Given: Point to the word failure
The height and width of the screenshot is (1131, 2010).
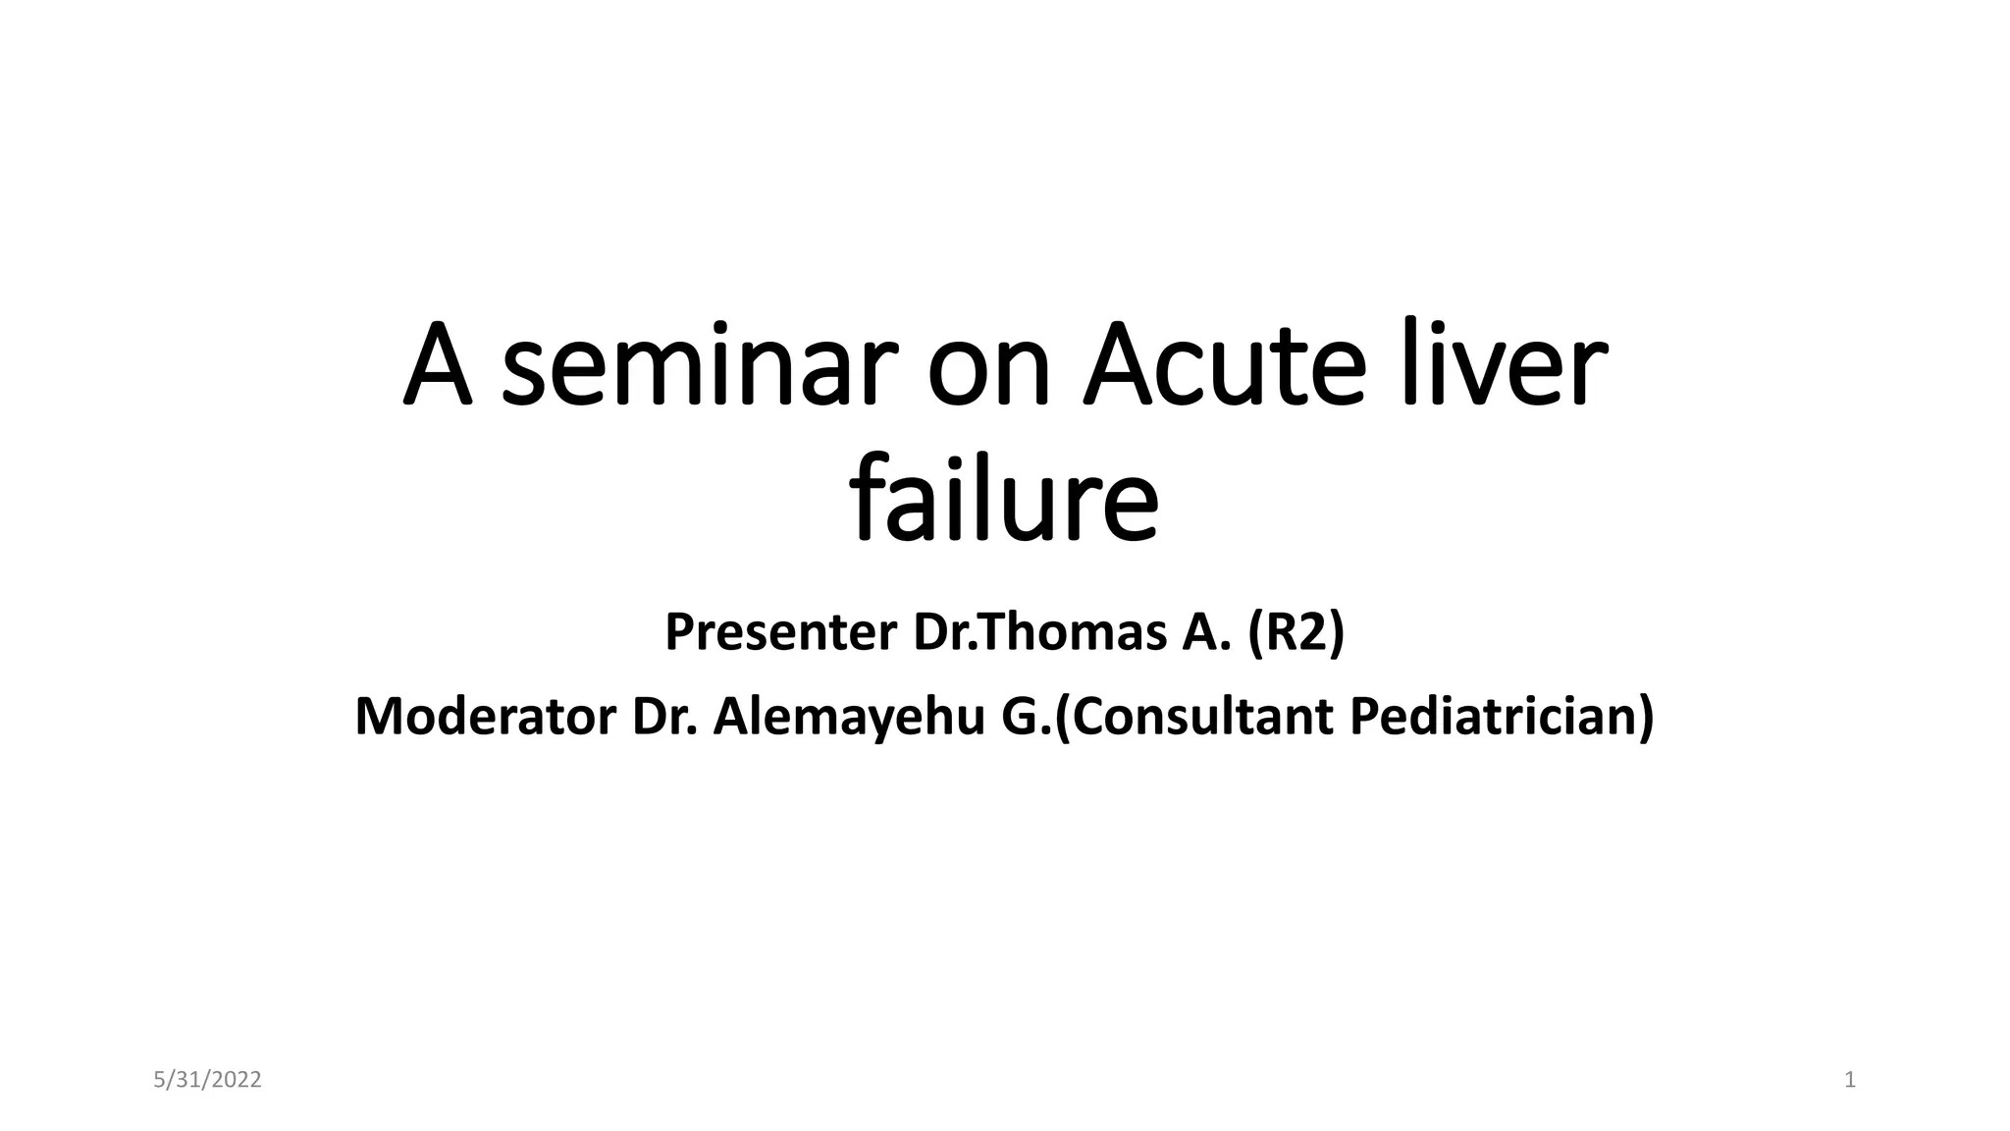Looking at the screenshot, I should [1004, 501].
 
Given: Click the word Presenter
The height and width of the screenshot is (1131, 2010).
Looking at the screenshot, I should [781, 632].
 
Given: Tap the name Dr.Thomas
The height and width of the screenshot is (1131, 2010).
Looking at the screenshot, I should [1039, 632].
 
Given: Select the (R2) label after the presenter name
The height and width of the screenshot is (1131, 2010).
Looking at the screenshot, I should [1296, 632].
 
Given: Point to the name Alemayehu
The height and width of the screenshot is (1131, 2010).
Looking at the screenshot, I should [849, 717].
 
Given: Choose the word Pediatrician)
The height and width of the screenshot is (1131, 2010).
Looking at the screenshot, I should [1502, 717].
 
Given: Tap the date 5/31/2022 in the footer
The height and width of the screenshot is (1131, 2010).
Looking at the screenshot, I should [208, 1081].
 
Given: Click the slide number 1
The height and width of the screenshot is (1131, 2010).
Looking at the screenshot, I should [1850, 1081].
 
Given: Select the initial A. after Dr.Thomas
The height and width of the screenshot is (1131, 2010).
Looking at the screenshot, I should [1206, 632].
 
